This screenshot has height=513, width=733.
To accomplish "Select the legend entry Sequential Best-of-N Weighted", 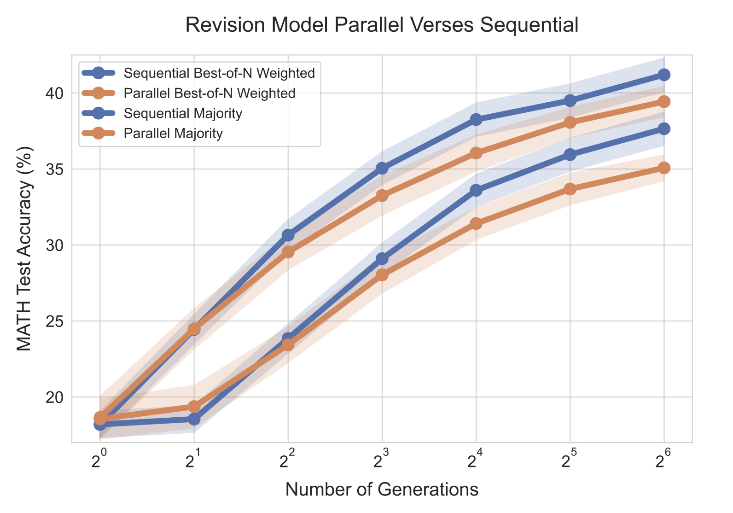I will [x=219, y=73].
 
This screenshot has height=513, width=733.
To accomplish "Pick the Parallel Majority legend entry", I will [x=173, y=134].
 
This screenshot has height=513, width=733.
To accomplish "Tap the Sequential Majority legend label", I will [x=183, y=113].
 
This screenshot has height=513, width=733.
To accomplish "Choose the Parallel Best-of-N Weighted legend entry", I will [x=209, y=93].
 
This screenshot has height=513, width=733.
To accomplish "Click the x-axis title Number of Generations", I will [x=382, y=490].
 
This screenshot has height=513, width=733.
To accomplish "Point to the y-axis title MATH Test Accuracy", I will [x=25, y=249].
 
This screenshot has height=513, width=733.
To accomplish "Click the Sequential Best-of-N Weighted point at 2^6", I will [x=663, y=75].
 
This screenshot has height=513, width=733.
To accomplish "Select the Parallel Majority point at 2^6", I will [x=663, y=168].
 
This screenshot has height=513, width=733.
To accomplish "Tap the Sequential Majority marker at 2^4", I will [x=476, y=190].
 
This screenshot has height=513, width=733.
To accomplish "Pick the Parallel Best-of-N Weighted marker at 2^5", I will [x=570, y=122].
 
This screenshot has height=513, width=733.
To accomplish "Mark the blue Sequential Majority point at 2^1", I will [x=194, y=419].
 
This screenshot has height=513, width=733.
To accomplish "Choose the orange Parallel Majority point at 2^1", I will [x=194, y=407].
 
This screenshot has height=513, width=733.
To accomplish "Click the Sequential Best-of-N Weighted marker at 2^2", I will [x=288, y=235].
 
